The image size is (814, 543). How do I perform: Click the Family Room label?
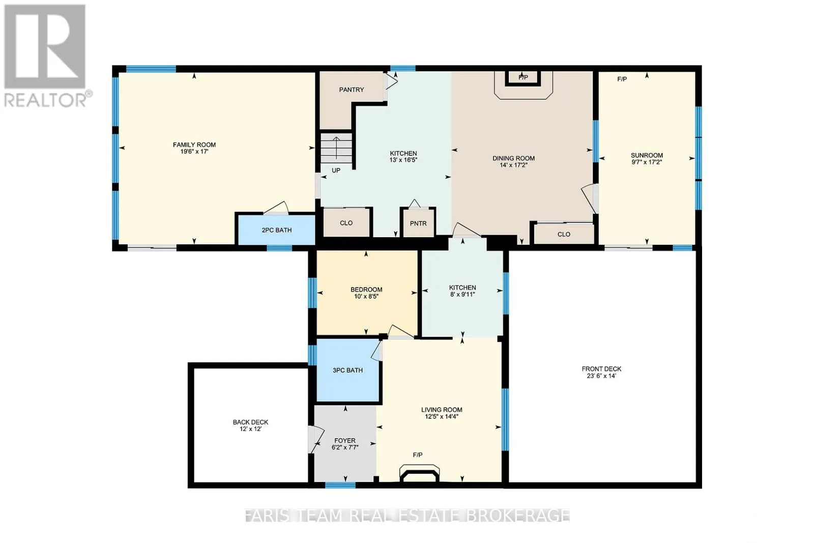(x=194, y=145)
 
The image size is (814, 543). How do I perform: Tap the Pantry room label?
(x=352, y=90)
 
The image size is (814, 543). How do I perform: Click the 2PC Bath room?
(x=277, y=230)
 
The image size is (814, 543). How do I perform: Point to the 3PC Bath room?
(x=347, y=370)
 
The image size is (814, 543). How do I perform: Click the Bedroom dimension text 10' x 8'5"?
(x=366, y=296)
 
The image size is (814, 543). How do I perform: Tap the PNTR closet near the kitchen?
(x=418, y=223)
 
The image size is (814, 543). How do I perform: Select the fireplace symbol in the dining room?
(x=522, y=78)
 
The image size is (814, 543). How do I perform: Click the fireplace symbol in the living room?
(x=420, y=473)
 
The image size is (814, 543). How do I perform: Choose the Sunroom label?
(x=647, y=155)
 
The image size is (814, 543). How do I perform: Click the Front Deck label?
(x=601, y=369)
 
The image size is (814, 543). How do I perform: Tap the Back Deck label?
(x=250, y=422)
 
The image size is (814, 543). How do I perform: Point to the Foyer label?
(x=345, y=441)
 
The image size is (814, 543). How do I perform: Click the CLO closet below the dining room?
(x=564, y=234)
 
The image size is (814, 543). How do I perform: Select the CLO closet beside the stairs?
(x=346, y=223)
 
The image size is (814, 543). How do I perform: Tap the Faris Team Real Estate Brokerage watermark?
(x=407, y=516)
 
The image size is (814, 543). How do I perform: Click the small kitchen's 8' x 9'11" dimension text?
(x=462, y=294)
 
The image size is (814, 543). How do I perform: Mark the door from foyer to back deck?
(x=316, y=439)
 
